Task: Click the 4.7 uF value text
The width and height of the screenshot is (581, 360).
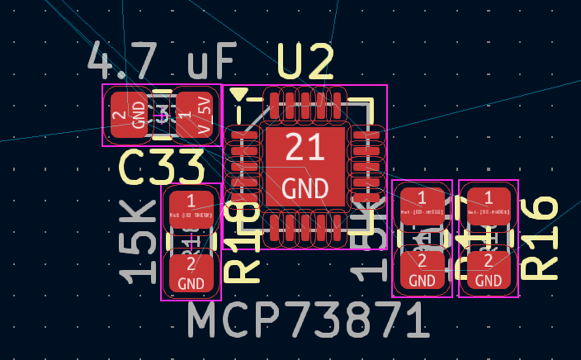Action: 162,62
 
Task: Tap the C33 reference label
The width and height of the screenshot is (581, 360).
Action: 162,168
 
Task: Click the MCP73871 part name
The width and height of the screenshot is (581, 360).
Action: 307,321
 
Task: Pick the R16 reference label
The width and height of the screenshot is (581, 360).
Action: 541,238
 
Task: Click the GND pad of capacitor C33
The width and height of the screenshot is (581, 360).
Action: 128,115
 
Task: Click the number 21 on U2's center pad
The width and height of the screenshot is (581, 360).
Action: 305,149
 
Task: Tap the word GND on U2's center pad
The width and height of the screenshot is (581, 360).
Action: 305,188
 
